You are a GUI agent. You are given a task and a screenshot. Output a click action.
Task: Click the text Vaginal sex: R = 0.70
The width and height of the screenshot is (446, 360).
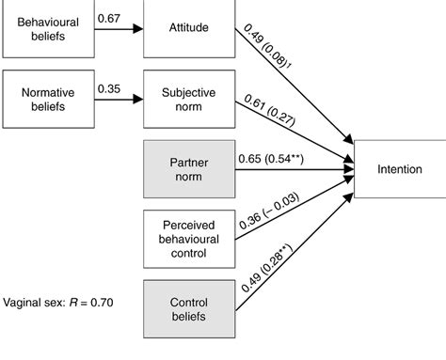point(57,305)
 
